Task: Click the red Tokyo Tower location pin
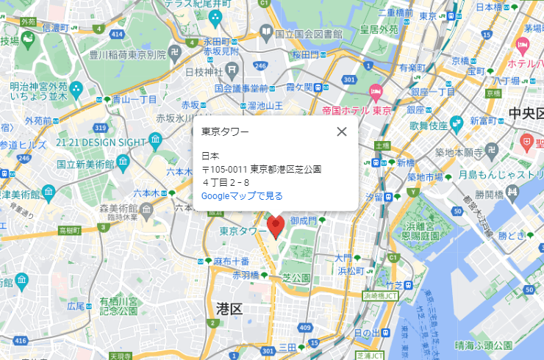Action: pos(276,226)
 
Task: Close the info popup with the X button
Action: pos(341,132)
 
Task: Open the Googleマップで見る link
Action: pos(242,196)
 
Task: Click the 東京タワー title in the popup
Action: pos(225,132)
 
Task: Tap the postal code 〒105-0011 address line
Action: pos(262,169)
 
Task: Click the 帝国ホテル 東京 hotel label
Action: pos(356,111)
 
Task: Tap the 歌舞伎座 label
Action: pos(429,126)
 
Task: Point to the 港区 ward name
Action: pos(229,309)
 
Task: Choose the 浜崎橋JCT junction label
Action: pos(380,295)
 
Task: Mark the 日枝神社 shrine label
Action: pos(204,72)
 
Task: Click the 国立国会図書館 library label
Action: pos(309,34)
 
